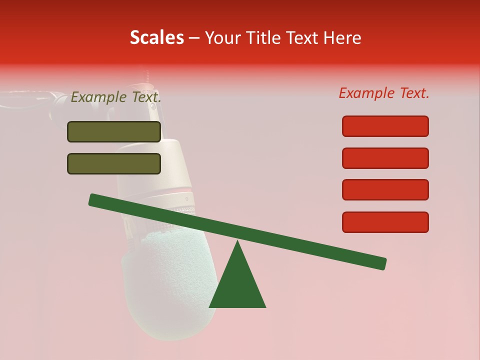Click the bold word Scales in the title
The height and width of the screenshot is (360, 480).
156,37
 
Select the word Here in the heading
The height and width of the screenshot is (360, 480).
343,38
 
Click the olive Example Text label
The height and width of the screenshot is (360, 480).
116,97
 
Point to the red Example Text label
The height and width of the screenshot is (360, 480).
384,93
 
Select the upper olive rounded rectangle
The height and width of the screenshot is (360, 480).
114,131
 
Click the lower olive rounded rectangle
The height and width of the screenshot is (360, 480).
114,163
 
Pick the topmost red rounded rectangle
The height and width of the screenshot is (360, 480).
385,126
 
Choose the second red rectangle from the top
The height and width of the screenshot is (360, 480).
385,158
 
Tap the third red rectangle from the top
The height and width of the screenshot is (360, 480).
385,190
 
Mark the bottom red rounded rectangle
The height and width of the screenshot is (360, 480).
385,222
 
